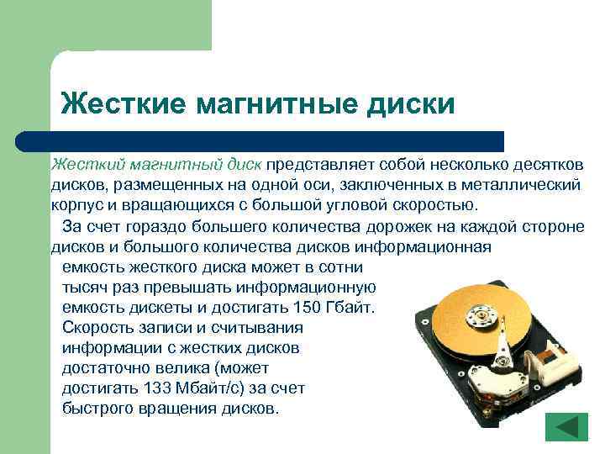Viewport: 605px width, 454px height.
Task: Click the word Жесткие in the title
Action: [x=123, y=103]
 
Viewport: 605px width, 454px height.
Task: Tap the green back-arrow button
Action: [x=566, y=426]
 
